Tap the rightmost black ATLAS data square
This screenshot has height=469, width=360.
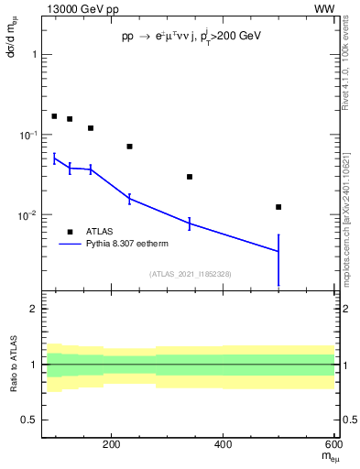pos(278,207)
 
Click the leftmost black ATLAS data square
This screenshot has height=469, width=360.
pos(54,116)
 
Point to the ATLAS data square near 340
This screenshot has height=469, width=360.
pos(190,177)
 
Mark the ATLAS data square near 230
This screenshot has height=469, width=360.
pos(129,147)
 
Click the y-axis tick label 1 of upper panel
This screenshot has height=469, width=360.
pos(34,54)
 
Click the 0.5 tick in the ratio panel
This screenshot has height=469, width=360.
pos(29,420)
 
